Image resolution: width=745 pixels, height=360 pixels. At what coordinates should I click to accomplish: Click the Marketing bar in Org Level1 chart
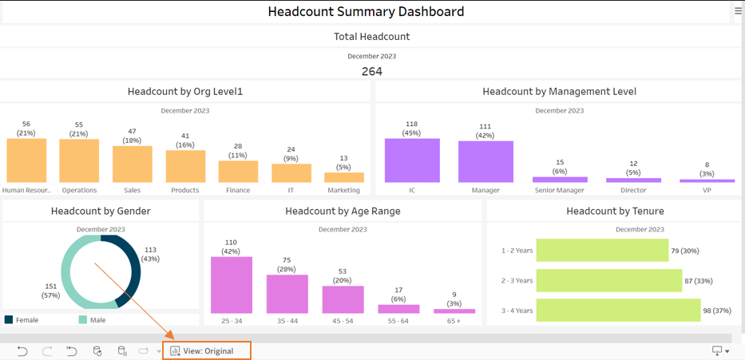pyautogui.click(x=344, y=178)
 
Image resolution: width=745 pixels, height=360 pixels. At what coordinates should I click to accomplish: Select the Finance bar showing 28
pyautogui.click(x=238, y=172)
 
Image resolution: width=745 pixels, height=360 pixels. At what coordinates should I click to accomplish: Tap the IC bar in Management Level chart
pyautogui.click(x=412, y=160)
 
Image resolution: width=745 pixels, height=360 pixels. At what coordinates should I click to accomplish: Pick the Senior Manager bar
pyautogui.click(x=560, y=180)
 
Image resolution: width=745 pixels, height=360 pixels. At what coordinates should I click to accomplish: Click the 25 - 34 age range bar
pyautogui.click(x=232, y=285)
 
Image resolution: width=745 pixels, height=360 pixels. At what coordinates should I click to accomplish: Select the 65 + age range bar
pyautogui.click(x=454, y=311)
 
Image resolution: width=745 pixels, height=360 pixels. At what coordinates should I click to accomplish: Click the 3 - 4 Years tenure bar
pyautogui.click(x=618, y=311)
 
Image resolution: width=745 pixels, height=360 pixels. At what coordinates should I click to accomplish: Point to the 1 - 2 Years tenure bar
pyautogui.click(x=602, y=250)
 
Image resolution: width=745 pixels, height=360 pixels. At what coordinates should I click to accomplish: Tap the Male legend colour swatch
pyautogui.click(x=82, y=319)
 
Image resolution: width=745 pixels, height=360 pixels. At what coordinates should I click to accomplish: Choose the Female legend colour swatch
pyautogui.click(x=9, y=319)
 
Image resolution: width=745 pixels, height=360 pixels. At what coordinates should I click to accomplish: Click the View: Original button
pyautogui.click(x=207, y=351)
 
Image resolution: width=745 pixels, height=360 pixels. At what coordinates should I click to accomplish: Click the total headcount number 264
pyautogui.click(x=372, y=72)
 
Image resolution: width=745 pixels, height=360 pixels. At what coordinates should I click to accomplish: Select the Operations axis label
pyautogui.click(x=79, y=190)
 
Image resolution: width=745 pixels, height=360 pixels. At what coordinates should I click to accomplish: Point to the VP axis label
pyautogui.click(x=707, y=190)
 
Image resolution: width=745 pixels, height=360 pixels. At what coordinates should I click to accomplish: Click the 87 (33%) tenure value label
pyautogui.click(x=699, y=281)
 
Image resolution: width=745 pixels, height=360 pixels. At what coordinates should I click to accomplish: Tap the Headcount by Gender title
pyautogui.click(x=101, y=211)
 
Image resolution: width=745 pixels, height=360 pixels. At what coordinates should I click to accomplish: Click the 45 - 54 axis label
pyautogui.click(x=343, y=321)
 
